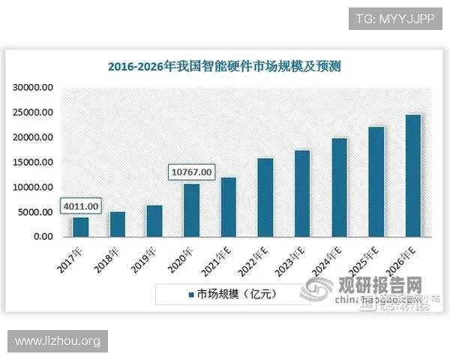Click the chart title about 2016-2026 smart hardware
[x=224, y=67]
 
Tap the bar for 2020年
[x=192, y=210]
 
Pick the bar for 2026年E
[x=412, y=175]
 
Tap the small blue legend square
[x=191, y=294]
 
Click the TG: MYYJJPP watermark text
[x=395, y=17]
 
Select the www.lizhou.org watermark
[x=57, y=341]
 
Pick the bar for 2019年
[x=154, y=221]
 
